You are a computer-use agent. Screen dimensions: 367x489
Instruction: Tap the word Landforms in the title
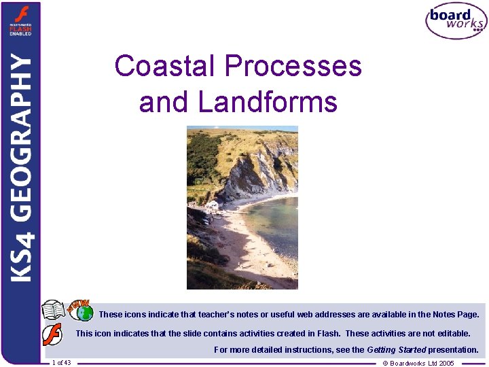[268, 103]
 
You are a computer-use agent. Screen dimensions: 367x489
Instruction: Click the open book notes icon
[54, 311]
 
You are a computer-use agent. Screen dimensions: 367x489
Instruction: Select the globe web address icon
[84, 313]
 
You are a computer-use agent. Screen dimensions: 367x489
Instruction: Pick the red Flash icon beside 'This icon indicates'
[52, 334]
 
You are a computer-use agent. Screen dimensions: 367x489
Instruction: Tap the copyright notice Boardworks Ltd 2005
[418, 363]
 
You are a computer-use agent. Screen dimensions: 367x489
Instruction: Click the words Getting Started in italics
[396, 350]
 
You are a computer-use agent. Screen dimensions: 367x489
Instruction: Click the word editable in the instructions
[452, 334]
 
